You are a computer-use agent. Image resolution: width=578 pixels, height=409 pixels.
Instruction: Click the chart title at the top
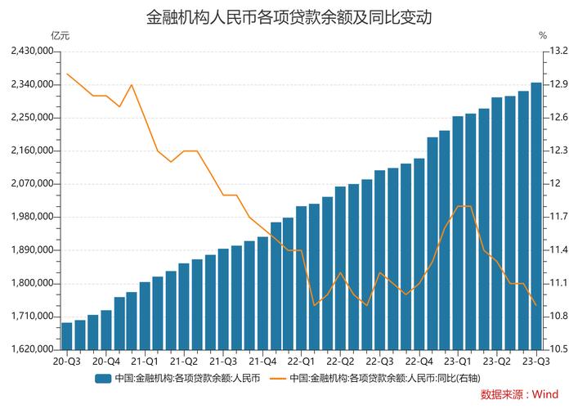click(x=289, y=16)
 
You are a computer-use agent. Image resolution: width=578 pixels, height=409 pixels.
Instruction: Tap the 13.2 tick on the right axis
click(x=559, y=52)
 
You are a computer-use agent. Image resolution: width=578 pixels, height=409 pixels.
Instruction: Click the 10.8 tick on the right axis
click(x=559, y=317)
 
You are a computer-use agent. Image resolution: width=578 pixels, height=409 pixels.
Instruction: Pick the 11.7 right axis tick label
click(x=559, y=217)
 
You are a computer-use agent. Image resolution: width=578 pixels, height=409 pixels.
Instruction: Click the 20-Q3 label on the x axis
click(x=67, y=361)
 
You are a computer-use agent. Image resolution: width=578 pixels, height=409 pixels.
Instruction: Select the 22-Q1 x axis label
click(x=302, y=361)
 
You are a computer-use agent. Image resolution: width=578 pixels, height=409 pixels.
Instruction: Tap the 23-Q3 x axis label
click(x=535, y=361)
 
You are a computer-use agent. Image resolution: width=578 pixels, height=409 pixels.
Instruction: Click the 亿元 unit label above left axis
click(x=60, y=36)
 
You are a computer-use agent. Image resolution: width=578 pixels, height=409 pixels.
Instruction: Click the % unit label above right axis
click(x=543, y=36)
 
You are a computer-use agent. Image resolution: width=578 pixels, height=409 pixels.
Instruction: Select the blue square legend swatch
click(x=103, y=378)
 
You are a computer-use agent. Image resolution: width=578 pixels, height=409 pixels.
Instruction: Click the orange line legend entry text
click(x=385, y=378)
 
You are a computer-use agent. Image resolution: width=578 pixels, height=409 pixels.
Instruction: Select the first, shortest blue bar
click(x=67, y=336)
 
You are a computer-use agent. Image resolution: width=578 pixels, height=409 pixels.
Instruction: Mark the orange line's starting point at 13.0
click(x=67, y=74)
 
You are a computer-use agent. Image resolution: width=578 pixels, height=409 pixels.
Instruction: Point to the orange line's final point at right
click(x=535, y=305)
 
